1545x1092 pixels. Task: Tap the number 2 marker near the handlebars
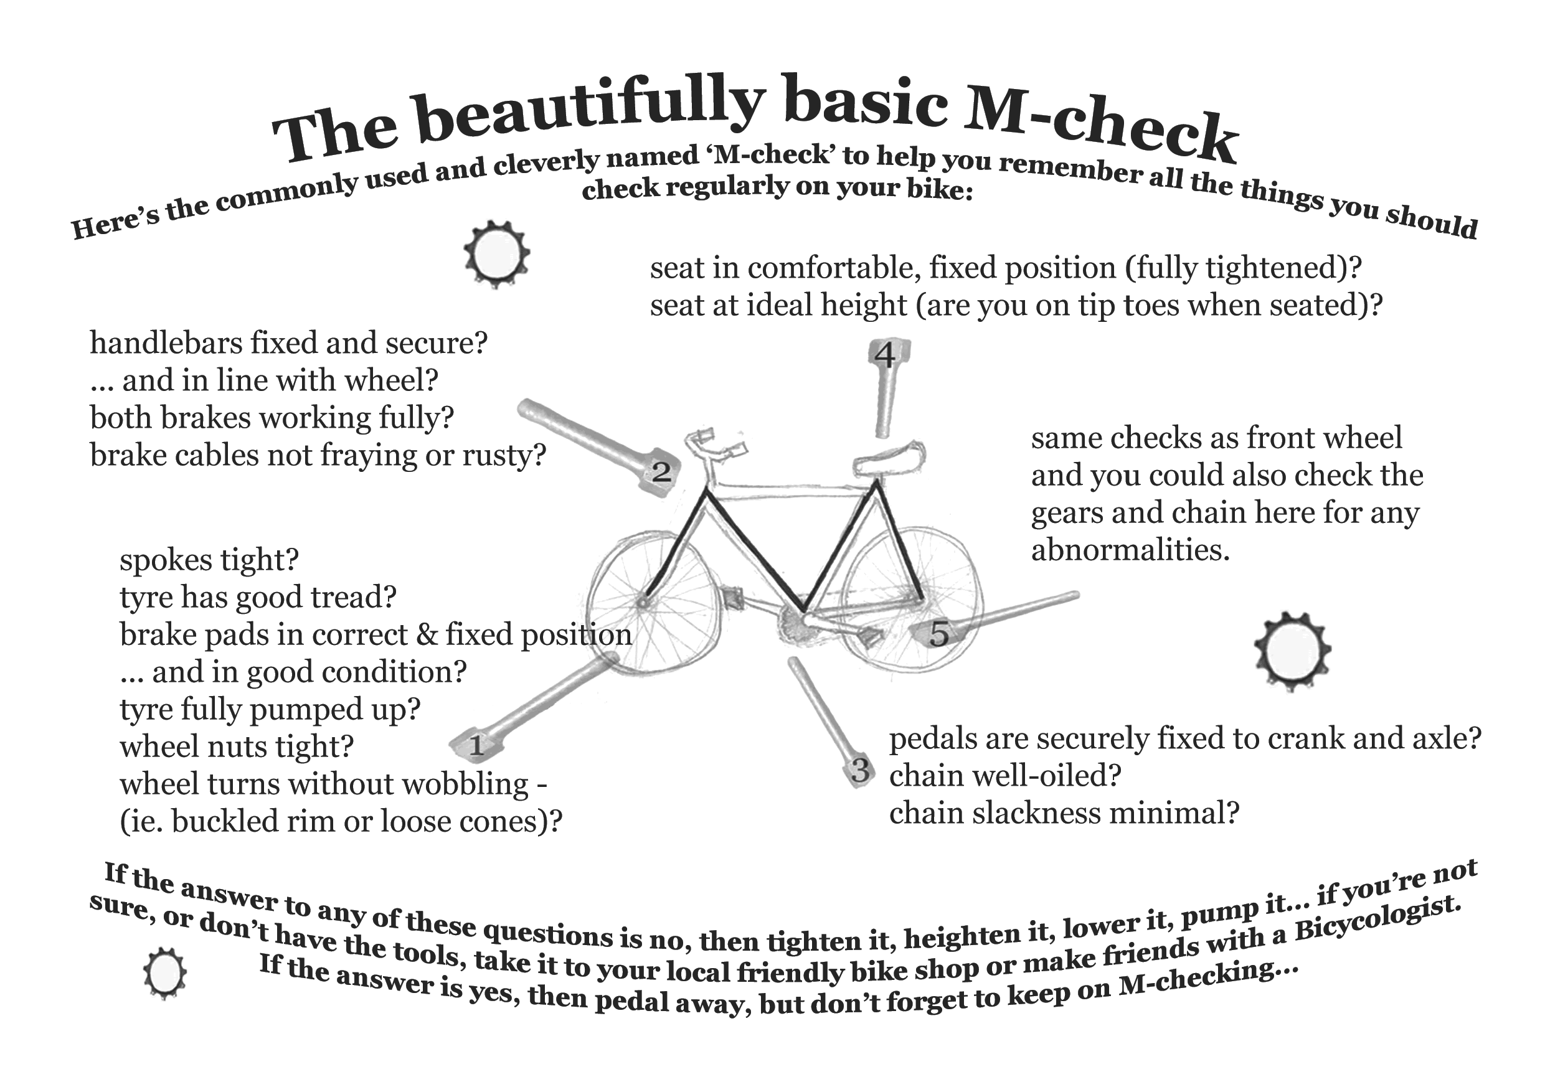click(x=660, y=472)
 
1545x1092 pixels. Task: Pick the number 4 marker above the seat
click(x=885, y=355)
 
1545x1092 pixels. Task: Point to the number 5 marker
click(x=938, y=633)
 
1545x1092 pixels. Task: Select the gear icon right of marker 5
click(x=1293, y=651)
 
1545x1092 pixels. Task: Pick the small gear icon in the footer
click(x=164, y=974)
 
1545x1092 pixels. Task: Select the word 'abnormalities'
click(x=1130, y=550)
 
